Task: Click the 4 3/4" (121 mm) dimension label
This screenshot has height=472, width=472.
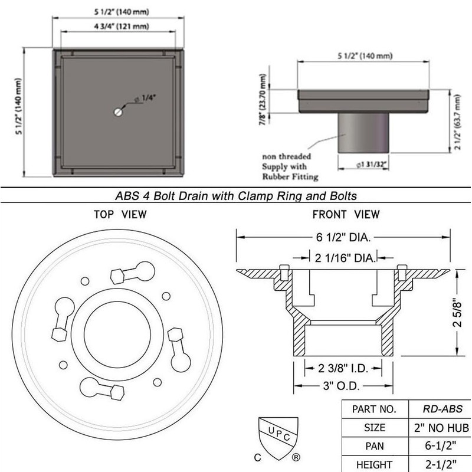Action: [122, 26]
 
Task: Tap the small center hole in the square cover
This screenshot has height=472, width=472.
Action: [119, 112]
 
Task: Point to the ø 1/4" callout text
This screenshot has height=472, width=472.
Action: [145, 98]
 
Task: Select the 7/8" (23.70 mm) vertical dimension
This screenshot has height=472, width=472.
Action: [263, 100]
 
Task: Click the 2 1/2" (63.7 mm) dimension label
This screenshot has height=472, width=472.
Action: [457, 122]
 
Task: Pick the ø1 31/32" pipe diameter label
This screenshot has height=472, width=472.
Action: [371, 165]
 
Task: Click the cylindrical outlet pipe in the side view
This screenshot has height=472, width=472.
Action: [363, 133]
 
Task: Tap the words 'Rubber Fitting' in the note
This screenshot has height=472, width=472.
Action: [290, 176]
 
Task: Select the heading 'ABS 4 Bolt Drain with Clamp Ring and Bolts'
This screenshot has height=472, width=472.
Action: [236, 196]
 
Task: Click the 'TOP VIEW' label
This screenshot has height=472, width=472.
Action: [120, 214]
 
